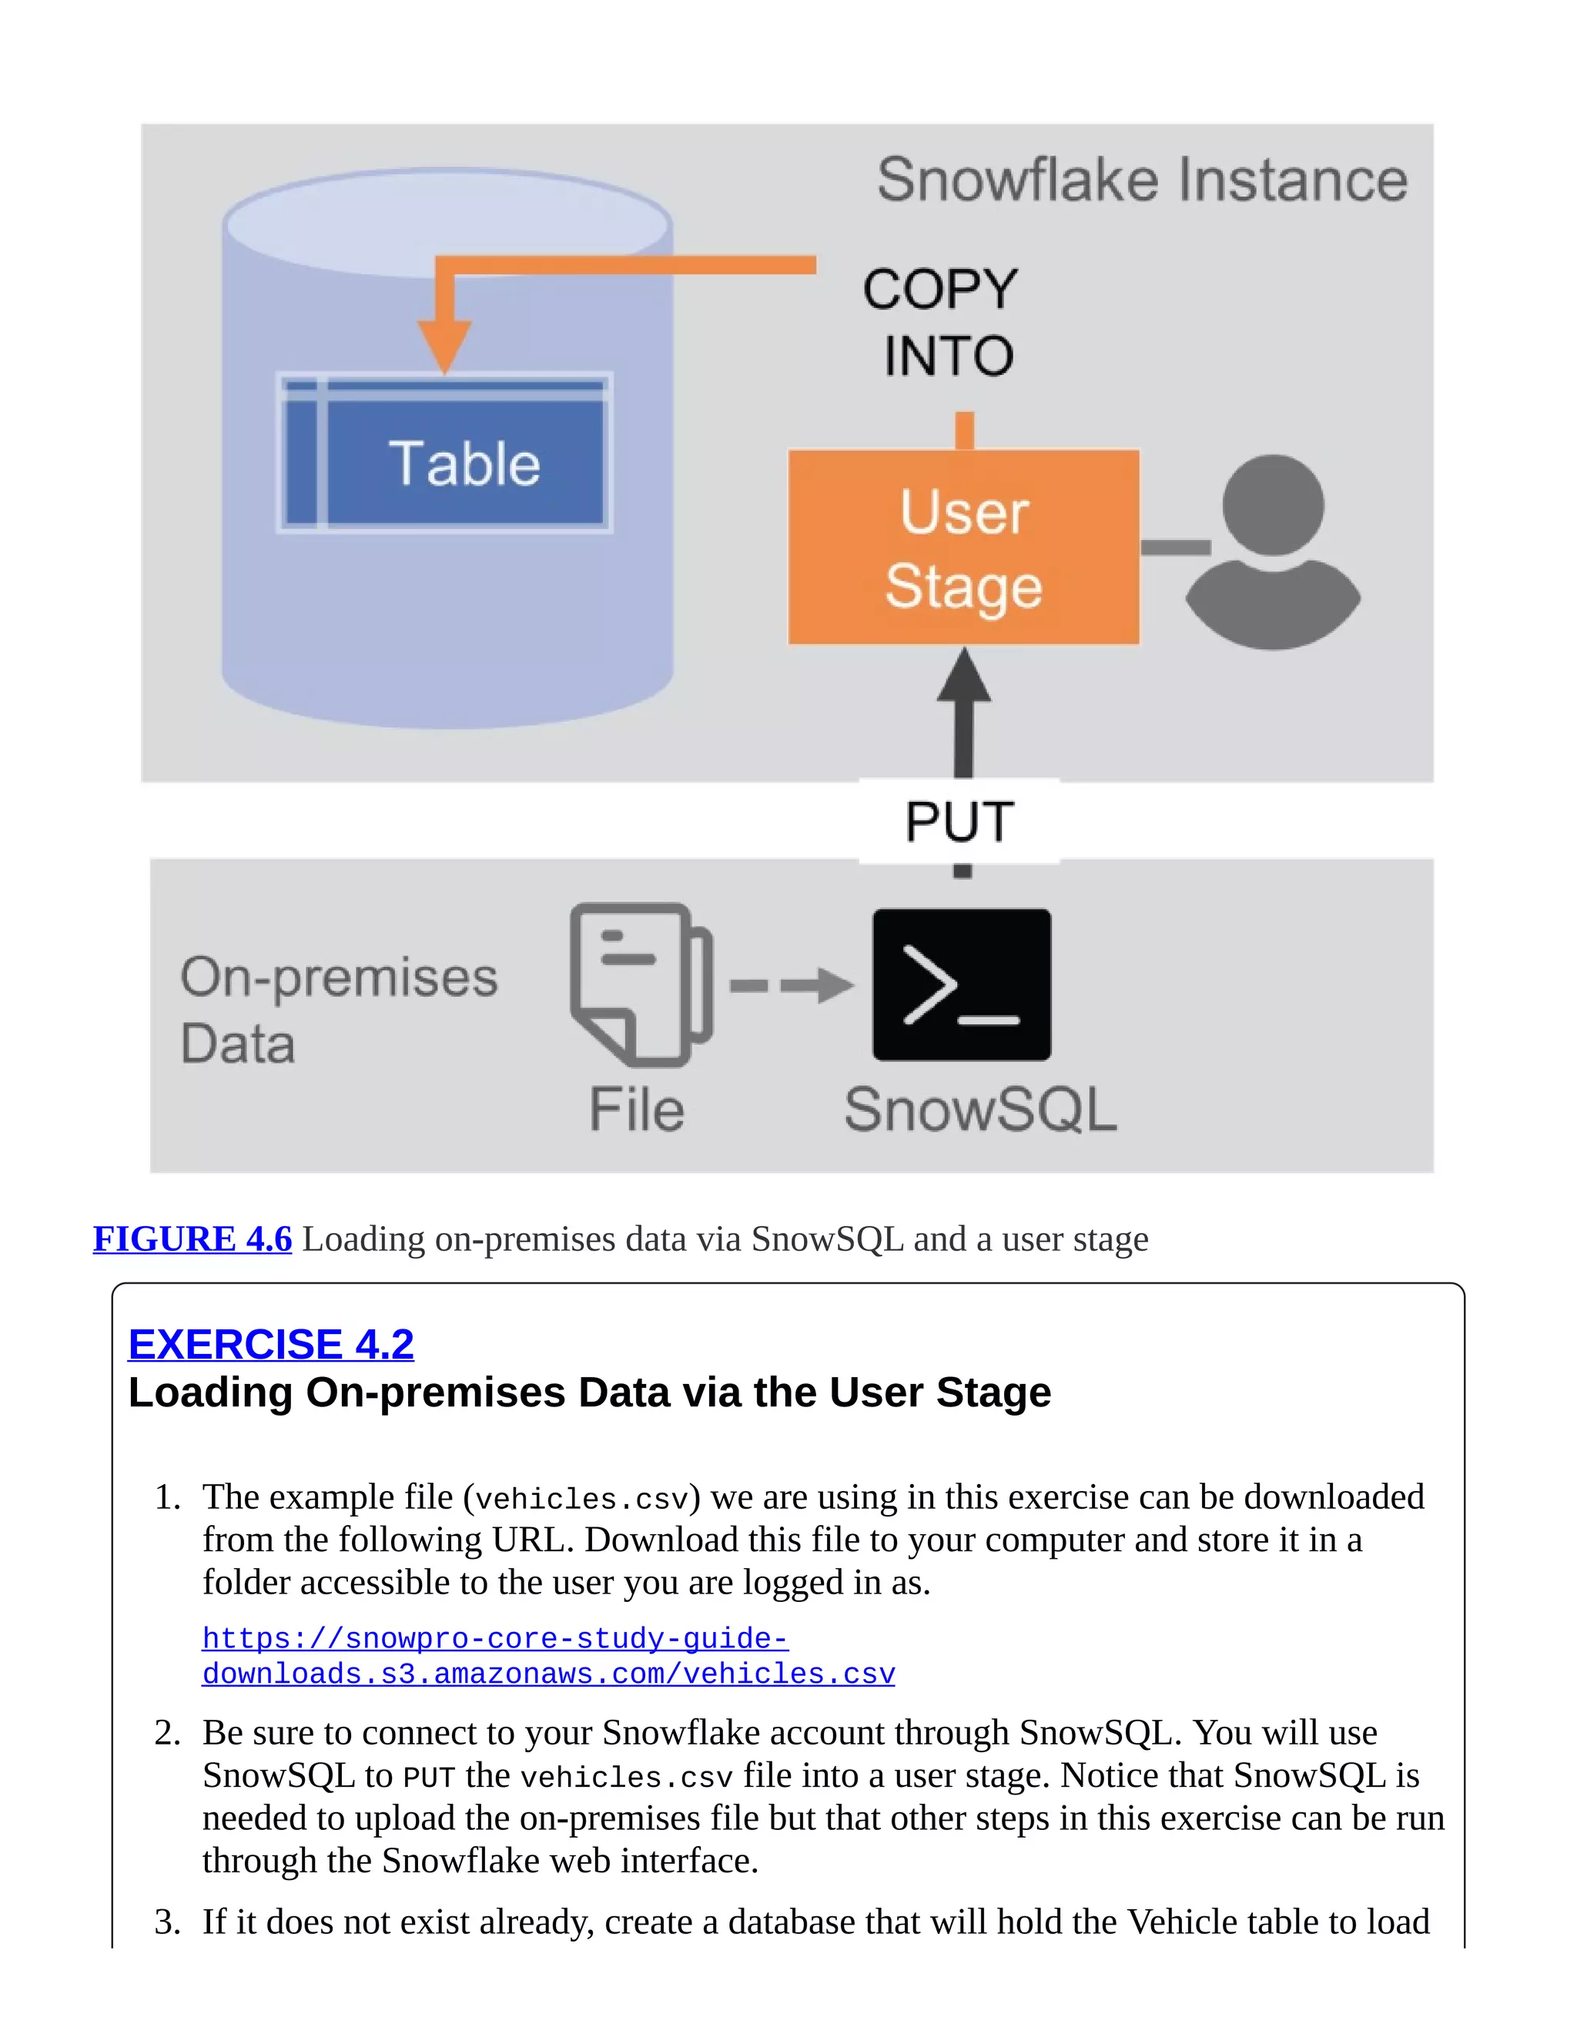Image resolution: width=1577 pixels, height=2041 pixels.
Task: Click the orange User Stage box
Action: click(963, 547)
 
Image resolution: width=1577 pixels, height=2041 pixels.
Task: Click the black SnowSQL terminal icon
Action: click(961, 984)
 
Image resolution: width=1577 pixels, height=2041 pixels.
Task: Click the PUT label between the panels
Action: click(959, 823)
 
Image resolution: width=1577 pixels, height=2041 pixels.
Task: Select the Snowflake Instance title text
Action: click(1142, 180)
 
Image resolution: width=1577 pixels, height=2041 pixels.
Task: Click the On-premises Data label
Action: click(338, 1010)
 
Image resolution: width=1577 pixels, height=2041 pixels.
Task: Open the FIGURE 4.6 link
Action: click(193, 1238)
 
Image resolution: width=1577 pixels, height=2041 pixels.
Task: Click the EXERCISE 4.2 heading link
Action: click(271, 1344)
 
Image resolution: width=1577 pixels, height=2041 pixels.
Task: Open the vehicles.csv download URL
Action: click(547, 1656)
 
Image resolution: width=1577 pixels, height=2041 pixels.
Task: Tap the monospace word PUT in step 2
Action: click(428, 1778)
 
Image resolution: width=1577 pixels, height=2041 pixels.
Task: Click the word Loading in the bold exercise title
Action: click(211, 1393)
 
